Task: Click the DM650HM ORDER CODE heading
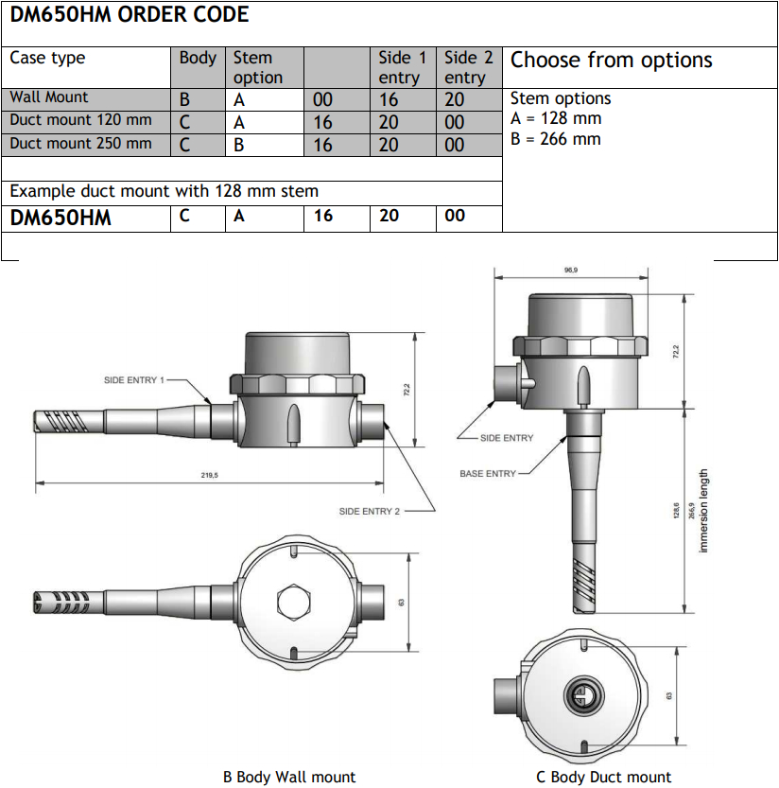click(130, 15)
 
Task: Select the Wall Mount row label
click(49, 97)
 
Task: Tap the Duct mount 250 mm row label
click(80, 144)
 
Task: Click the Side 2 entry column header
click(469, 68)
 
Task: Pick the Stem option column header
click(258, 68)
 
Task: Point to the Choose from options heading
click(611, 61)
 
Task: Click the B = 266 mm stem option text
click(556, 139)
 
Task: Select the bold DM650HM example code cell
click(61, 218)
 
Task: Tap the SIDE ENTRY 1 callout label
click(134, 380)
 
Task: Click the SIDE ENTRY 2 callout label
click(370, 511)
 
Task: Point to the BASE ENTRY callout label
click(488, 473)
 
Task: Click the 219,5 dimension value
click(210, 476)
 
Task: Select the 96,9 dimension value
click(570, 271)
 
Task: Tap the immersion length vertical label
click(703, 512)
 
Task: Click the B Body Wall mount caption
click(289, 777)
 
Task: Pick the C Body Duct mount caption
click(603, 777)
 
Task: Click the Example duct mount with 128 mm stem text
click(164, 191)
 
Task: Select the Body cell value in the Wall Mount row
click(185, 98)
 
